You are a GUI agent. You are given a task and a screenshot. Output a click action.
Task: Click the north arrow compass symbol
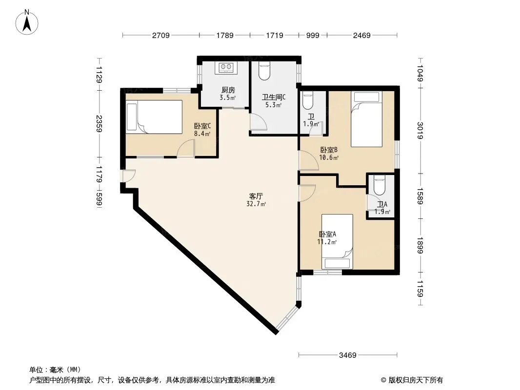tap(26, 22)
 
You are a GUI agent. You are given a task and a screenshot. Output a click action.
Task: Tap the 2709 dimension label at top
tap(161, 36)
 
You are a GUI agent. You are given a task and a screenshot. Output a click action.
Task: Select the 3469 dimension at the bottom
tap(347, 355)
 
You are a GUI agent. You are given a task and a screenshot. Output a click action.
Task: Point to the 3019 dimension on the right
tap(420, 131)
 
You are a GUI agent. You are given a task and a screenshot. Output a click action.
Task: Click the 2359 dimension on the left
tap(99, 124)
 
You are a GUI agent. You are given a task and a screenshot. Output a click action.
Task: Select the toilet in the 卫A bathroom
tap(379, 186)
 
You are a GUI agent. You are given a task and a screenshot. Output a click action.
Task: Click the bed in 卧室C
tap(155, 117)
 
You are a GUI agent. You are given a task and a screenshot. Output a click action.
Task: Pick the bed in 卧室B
tap(366, 119)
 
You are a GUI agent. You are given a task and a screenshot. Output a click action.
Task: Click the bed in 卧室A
tap(337, 241)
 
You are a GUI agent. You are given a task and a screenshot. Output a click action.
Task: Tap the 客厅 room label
tap(256, 196)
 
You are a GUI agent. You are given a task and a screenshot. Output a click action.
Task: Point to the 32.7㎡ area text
tap(256, 204)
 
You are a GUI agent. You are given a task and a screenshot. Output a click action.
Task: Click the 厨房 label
tap(228, 90)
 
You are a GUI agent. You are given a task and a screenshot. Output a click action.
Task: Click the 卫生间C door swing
tap(259, 122)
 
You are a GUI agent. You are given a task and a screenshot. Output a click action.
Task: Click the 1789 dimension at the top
tap(225, 36)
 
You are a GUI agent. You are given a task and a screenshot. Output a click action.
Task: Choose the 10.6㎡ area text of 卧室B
tap(329, 158)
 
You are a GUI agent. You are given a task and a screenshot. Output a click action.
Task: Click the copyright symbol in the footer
tap(383, 380)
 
